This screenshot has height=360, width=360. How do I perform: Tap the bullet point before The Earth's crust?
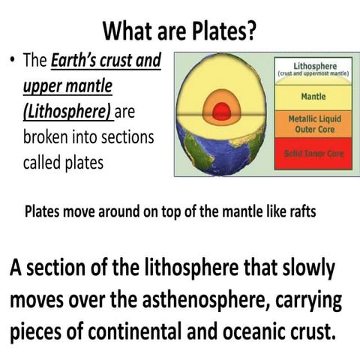(x=14, y=62)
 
